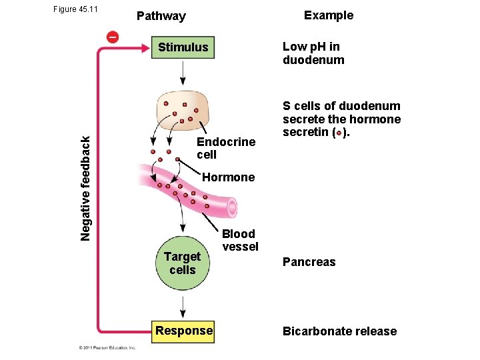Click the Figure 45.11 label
[x=74, y=9]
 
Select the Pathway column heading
[x=161, y=16]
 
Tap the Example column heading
[x=329, y=15]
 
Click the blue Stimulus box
[x=183, y=47]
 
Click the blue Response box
[x=183, y=331]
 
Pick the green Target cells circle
[x=183, y=263]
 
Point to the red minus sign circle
[x=113, y=37]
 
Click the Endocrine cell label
[x=226, y=148]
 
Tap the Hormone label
[x=228, y=177]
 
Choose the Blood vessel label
[x=240, y=240]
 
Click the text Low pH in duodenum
[x=313, y=53]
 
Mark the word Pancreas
[x=309, y=262]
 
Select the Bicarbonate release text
[x=339, y=331]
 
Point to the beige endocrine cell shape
[x=183, y=109]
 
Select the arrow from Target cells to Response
[x=183, y=306]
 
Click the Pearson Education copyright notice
[x=106, y=347]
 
